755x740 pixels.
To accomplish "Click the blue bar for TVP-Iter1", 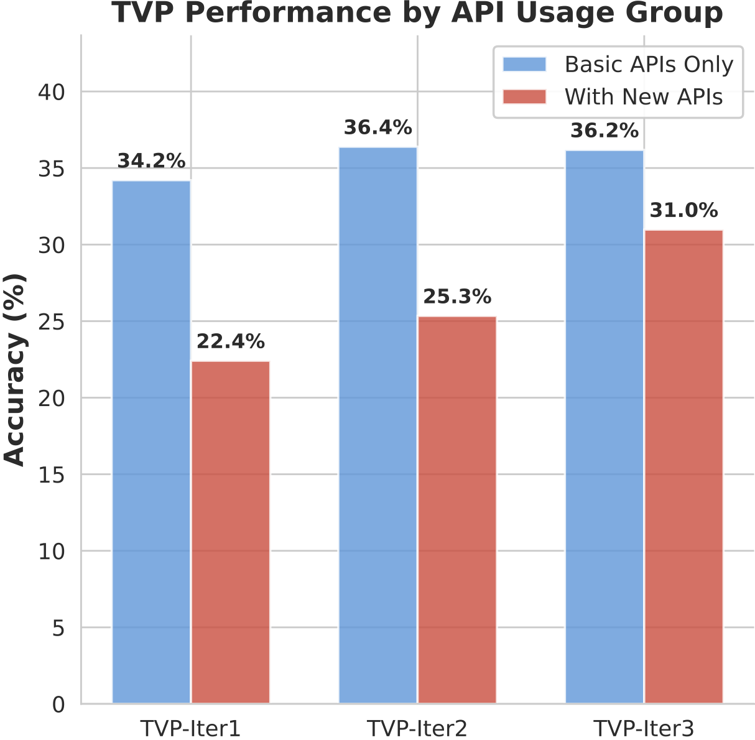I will pos(151,442).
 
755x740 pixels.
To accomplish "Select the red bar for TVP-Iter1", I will pos(231,532).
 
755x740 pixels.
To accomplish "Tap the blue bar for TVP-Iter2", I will pos(377,425).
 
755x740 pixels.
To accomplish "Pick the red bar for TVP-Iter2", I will pos(457,510).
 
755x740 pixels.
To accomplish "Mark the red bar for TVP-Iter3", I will pos(683,466).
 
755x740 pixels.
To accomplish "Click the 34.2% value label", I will pos(151,162).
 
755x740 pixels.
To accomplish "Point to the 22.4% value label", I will pos(231,342).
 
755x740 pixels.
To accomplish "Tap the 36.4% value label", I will pos(377,128).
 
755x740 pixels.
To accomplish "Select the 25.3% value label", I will pos(457,297).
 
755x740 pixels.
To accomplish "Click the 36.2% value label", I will pos(604,131).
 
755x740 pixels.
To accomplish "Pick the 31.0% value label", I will pos(683,211).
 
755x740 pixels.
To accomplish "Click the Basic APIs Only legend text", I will pos(649,65).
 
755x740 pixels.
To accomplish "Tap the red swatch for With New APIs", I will pos(524,97).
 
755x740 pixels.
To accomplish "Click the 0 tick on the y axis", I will pos(58,705).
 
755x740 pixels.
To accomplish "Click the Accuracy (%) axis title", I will pos(15,369).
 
